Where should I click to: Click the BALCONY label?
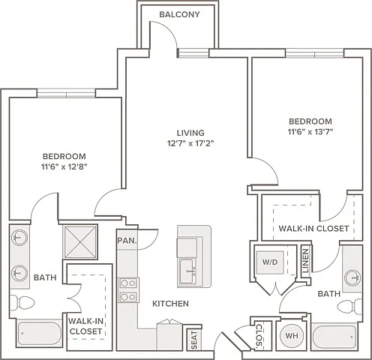point(179,14)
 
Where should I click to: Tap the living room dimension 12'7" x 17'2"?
point(190,143)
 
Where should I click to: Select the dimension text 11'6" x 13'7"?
point(310,132)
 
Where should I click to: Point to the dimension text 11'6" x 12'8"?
point(64,166)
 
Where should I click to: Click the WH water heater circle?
point(292,335)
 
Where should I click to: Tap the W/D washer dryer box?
point(270,262)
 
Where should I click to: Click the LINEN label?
point(306,260)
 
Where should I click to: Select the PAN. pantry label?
point(127,241)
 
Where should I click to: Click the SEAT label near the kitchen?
point(194,340)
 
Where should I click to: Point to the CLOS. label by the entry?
point(259,335)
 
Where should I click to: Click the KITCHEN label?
point(170,304)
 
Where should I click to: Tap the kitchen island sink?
point(187,271)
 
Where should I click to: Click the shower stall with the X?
point(80,241)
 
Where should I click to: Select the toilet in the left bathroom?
point(22,303)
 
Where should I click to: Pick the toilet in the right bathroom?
point(349,306)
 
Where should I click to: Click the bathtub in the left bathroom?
point(40,333)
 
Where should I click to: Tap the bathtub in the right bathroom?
point(334,337)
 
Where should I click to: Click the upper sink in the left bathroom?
point(19,238)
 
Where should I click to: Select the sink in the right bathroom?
point(352,277)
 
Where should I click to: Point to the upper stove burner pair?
point(128,283)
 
